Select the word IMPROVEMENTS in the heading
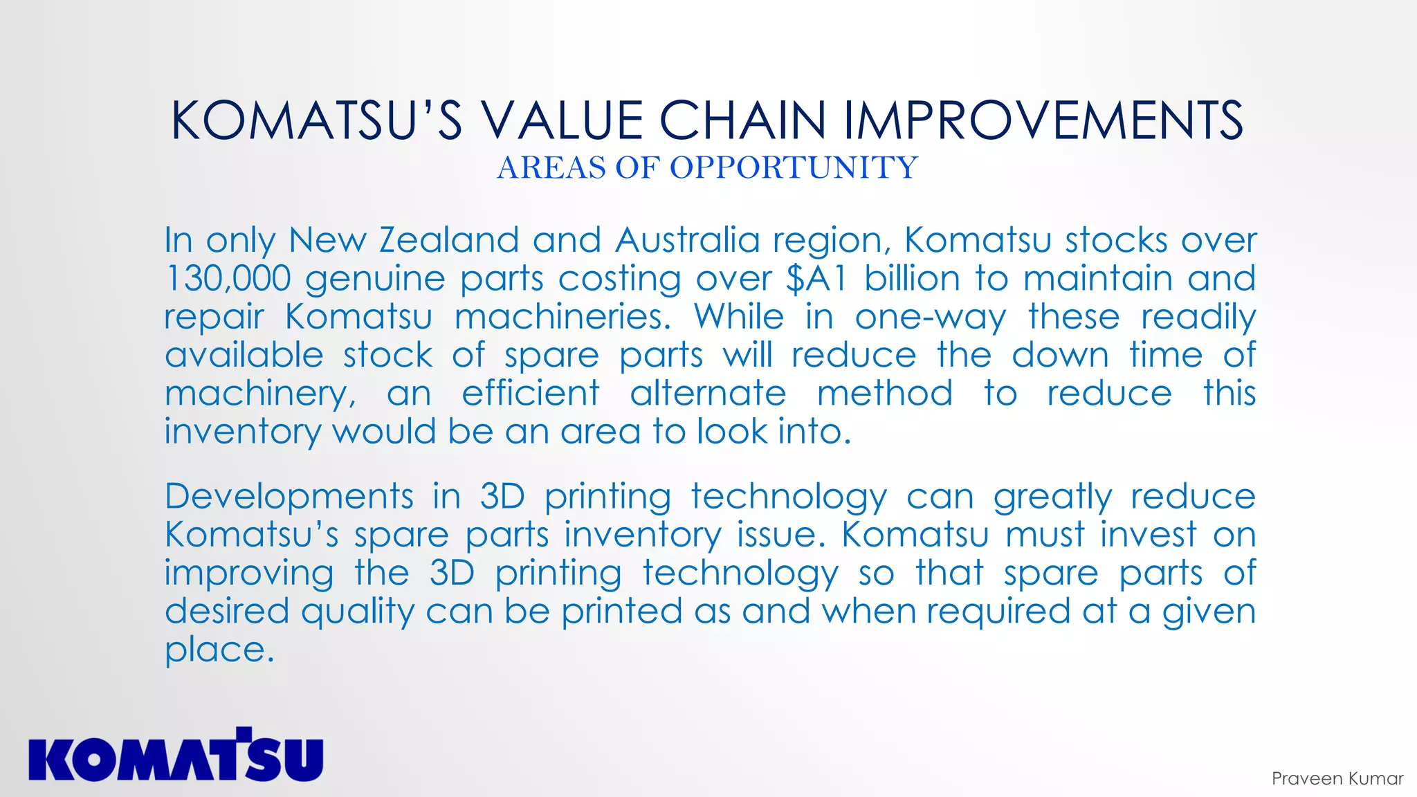tap(1043, 120)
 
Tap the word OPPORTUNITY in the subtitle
tap(794, 167)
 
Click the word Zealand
tap(449, 240)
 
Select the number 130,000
tap(228, 278)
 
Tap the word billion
tap(912, 278)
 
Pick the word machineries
tap(563, 317)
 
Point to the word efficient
tap(530, 393)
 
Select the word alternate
tap(708, 393)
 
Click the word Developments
tap(289, 497)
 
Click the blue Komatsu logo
tap(176, 755)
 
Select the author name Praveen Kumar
tap(1337, 778)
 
